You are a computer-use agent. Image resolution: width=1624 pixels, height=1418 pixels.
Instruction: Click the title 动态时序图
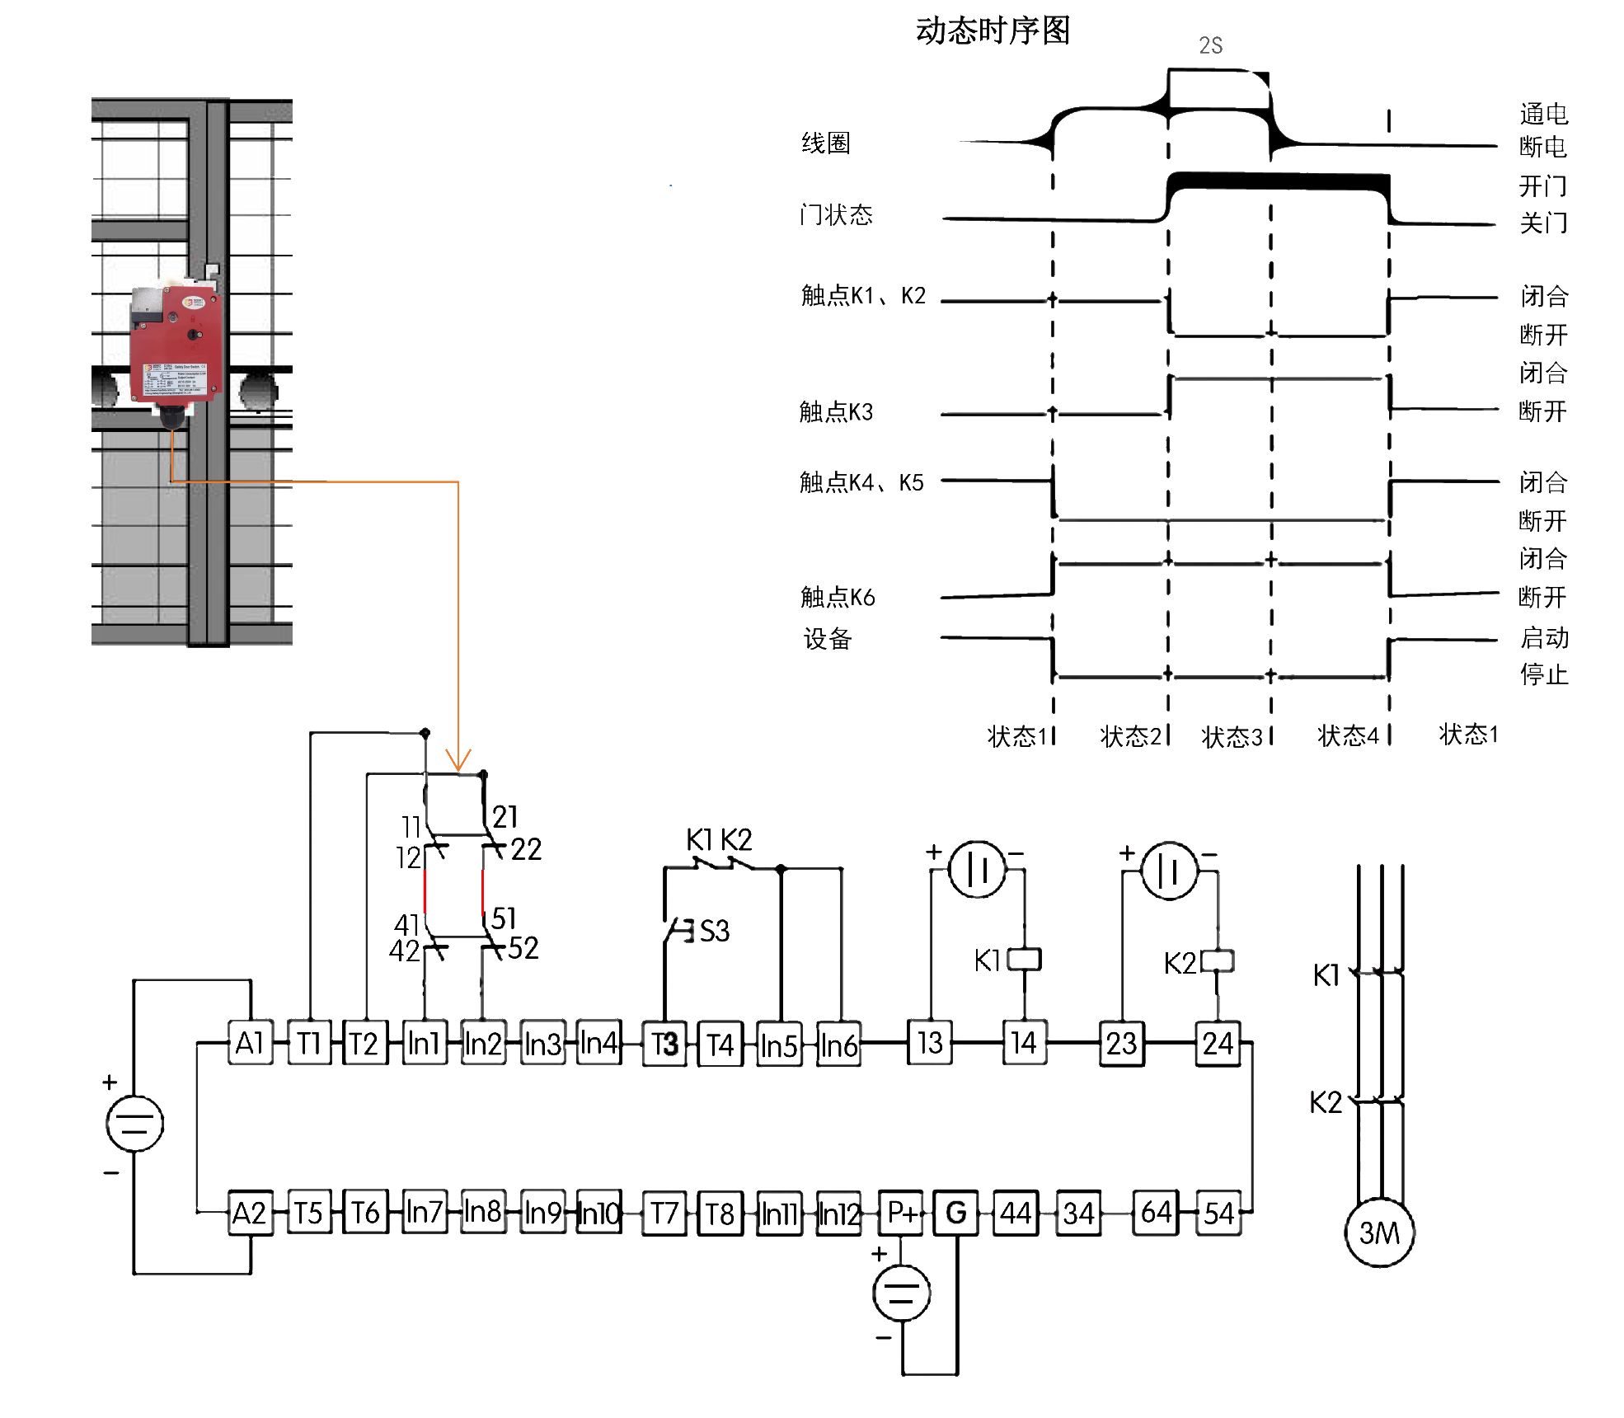click(x=993, y=31)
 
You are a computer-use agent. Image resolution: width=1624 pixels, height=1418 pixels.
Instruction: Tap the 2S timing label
click(x=1210, y=46)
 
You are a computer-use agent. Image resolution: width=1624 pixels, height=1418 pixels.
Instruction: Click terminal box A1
click(x=250, y=1044)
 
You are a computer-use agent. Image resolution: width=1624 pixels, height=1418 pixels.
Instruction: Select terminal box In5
click(x=779, y=1045)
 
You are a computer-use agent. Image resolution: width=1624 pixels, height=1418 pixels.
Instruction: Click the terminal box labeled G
click(x=956, y=1213)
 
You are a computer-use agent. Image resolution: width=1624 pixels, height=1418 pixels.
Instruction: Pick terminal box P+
click(x=901, y=1213)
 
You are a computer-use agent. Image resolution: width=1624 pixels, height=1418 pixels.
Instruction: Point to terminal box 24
click(x=1218, y=1044)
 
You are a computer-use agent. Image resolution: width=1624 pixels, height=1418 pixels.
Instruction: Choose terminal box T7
click(x=664, y=1214)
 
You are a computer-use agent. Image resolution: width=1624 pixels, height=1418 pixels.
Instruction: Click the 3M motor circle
click(x=1379, y=1233)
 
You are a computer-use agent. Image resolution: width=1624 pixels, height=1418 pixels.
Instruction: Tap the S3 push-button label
click(x=714, y=932)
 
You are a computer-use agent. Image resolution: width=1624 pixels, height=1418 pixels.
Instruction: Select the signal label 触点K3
click(x=836, y=411)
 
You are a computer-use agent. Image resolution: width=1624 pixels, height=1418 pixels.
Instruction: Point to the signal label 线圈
click(x=825, y=143)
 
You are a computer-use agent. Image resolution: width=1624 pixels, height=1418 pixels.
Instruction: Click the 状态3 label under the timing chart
click(x=1232, y=737)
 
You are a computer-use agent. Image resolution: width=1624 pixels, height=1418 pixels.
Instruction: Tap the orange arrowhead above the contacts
click(x=458, y=760)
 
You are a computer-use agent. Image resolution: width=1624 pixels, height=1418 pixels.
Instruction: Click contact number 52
click(x=523, y=948)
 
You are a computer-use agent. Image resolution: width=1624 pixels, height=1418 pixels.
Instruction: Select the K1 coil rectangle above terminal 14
click(x=1025, y=959)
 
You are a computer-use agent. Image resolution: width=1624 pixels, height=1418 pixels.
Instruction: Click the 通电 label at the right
click(x=1543, y=114)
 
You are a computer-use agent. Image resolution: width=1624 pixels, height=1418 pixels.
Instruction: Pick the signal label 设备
click(x=828, y=639)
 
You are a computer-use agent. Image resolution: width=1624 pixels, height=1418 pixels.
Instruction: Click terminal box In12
click(x=838, y=1214)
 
